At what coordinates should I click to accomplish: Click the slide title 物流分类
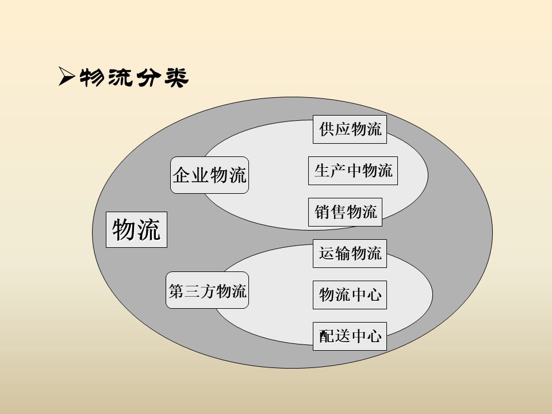(x=133, y=78)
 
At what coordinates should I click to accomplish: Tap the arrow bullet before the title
(x=66, y=76)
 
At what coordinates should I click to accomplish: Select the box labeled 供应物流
(x=350, y=129)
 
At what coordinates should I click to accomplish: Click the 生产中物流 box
(x=353, y=171)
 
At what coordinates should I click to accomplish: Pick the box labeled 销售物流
(x=346, y=212)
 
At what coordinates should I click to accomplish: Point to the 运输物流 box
(x=350, y=254)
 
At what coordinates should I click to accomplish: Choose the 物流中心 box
(x=350, y=295)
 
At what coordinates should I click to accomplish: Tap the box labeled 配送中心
(x=350, y=336)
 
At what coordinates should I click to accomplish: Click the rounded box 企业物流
(x=209, y=175)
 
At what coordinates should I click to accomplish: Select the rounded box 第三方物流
(x=208, y=291)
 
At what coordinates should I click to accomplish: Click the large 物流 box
(x=136, y=231)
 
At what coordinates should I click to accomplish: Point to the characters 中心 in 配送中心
(x=366, y=336)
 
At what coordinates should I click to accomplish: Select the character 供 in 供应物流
(x=327, y=129)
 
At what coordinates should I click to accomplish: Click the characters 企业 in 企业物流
(x=191, y=175)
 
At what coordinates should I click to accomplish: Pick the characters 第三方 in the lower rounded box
(x=192, y=291)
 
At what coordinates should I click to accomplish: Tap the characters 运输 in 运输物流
(x=334, y=254)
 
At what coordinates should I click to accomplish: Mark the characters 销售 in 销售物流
(x=330, y=212)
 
